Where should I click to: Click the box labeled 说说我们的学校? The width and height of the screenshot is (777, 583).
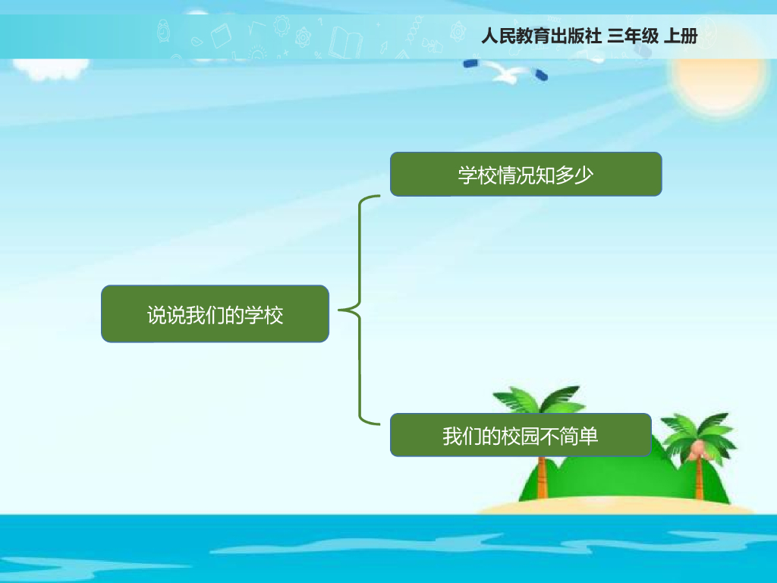[x=215, y=314]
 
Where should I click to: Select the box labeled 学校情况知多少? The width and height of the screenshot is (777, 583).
[x=526, y=175]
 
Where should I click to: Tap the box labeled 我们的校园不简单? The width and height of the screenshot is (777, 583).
[x=521, y=435]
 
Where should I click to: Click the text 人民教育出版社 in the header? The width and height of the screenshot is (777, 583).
[x=542, y=36]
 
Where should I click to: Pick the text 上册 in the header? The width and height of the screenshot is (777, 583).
[x=681, y=36]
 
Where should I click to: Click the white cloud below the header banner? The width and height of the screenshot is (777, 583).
[x=49, y=68]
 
